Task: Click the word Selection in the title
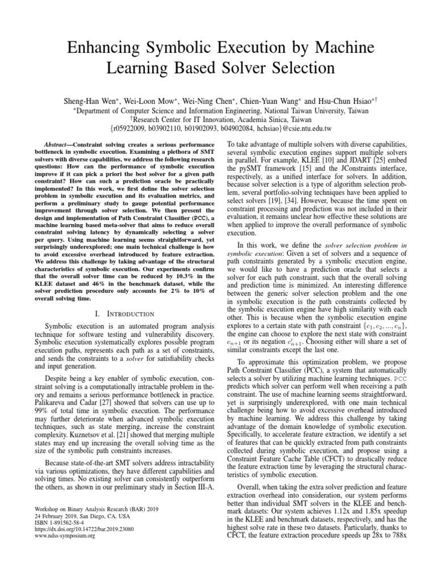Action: (x=296, y=68)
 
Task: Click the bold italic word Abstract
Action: (x=56, y=145)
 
